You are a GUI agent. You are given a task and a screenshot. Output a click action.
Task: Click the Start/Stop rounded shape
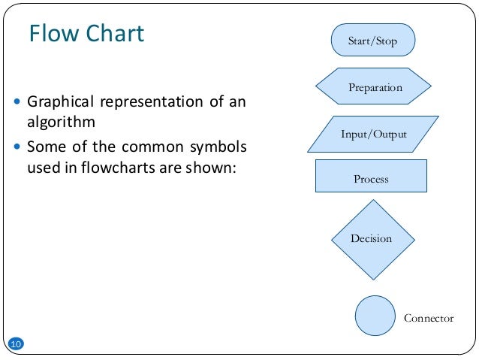pyautogui.click(x=372, y=41)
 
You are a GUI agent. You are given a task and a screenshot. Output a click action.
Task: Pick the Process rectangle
pyautogui.click(x=371, y=179)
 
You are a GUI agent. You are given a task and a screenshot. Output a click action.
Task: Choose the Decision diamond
pyautogui.click(x=371, y=239)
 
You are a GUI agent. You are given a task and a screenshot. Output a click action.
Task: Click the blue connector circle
pyautogui.click(x=375, y=316)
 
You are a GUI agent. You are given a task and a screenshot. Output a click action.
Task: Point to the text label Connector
pyautogui.click(x=429, y=318)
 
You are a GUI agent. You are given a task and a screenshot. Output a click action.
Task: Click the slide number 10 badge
pyautogui.click(x=16, y=344)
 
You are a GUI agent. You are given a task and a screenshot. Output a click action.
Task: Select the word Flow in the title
pyautogui.click(x=53, y=35)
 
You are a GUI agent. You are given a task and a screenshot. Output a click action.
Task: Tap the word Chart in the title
pyautogui.click(x=113, y=35)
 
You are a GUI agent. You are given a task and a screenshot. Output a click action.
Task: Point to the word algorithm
pyautogui.click(x=61, y=123)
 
